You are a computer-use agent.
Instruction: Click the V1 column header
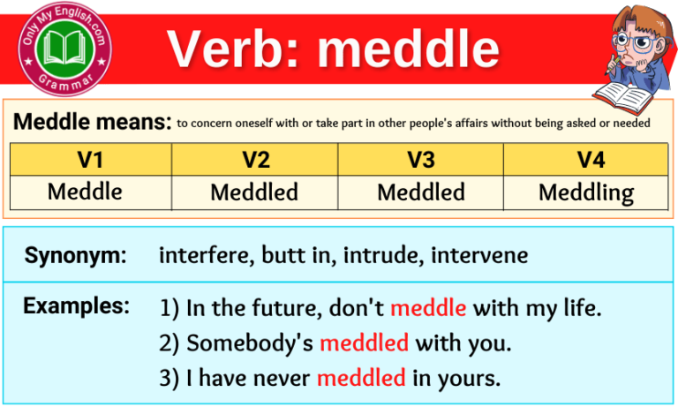91,160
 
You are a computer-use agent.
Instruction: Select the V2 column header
255,160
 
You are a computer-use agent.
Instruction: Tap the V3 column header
421,160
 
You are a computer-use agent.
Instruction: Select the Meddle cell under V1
91,192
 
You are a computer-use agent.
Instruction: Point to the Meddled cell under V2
255,192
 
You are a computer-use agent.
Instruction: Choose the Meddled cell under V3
421,192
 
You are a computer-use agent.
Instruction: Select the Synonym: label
76,256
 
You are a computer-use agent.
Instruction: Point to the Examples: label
77,306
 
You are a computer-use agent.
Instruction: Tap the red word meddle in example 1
428,308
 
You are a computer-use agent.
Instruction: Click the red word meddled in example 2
364,343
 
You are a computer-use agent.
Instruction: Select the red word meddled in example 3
360,378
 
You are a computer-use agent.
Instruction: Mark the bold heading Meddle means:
92,121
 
